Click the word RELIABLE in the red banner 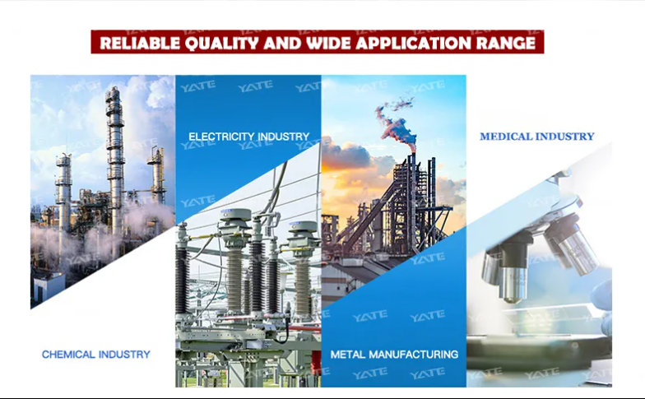pyautogui.click(x=140, y=43)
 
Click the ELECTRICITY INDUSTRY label pyautogui.click(x=248, y=137)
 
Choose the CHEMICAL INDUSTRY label pyautogui.click(x=95, y=354)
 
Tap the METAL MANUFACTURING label pyautogui.click(x=394, y=354)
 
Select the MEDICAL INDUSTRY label pyautogui.click(x=536, y=137)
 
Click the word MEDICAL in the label pyautogui.click(x=508, y=137)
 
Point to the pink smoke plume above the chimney pyautogui.click(x=395, y=122)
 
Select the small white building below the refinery pyautogui.click(x=48, y=287)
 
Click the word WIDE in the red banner pyautogui.click(x=327, y=43)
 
